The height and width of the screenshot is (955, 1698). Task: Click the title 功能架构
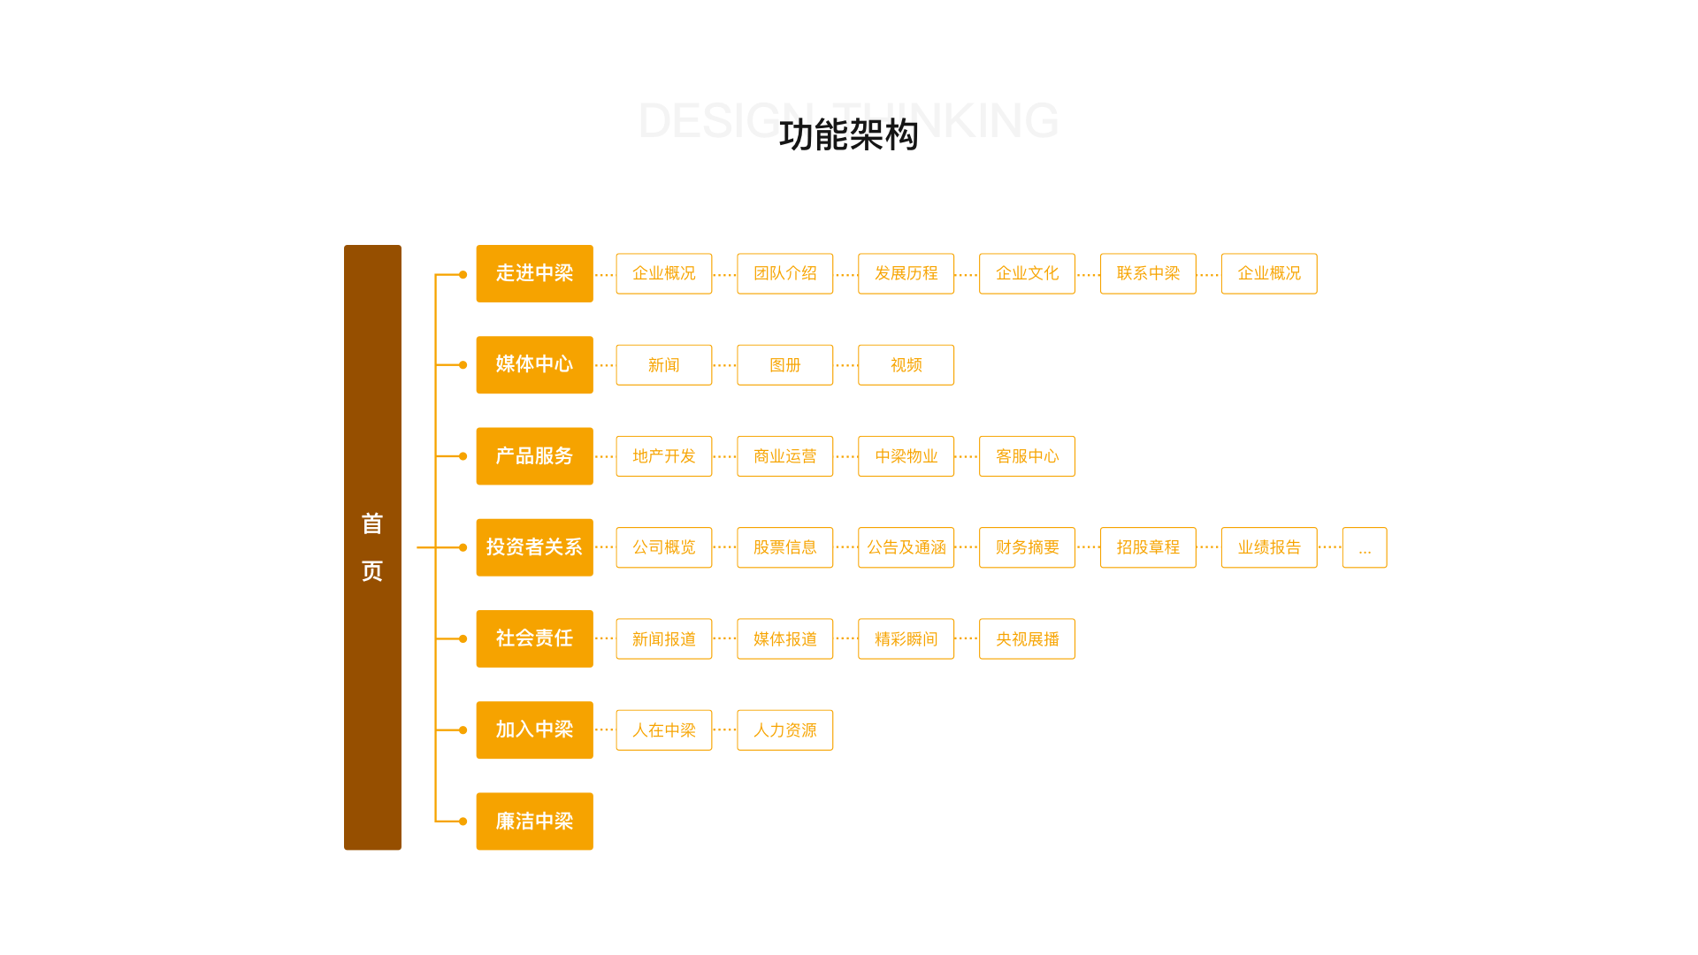point(848,135)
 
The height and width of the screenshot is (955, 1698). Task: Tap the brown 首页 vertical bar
point(372,546)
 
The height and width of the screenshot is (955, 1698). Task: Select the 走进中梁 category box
point(534,273)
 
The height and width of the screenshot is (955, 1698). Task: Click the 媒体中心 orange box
point(534,364)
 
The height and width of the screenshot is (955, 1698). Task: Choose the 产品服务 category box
point(534,456)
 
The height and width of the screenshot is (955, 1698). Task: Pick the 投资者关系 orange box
point(534,547)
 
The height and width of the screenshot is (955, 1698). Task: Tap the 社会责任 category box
point(534,638)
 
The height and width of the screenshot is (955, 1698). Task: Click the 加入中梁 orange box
point(534,730)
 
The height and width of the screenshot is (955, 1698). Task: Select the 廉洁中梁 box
point(534,821)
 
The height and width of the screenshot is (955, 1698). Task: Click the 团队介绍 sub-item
point(784,273)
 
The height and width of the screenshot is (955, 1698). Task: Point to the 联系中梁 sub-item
point(1148,273)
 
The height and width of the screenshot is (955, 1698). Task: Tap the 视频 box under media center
point(906,365)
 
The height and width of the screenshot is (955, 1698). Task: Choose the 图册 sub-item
point(784,365)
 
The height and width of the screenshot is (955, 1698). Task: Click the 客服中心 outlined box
point(1027,456)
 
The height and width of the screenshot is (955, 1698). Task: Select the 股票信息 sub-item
point(784,547)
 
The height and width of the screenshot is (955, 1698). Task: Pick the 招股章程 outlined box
point(1148,547)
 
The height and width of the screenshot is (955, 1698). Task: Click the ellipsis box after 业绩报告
point(1365,547)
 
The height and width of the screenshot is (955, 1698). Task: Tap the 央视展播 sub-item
point(1027,638)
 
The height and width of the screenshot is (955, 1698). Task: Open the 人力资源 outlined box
point(784,730)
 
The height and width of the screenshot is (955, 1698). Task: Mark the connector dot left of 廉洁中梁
point(463,821)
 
